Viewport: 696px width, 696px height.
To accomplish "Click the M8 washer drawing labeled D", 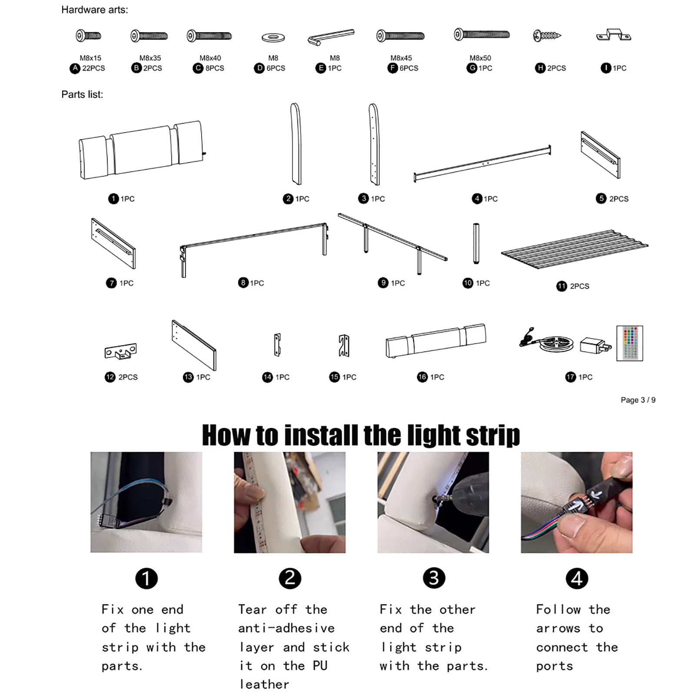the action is [273, 38].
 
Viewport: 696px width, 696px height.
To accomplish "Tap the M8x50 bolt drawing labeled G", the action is [482, 34].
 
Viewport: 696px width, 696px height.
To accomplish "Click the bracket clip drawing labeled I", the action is [613, 35].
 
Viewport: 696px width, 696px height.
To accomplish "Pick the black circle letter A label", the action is [75, 68].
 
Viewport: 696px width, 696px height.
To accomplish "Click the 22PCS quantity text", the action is [93, 68].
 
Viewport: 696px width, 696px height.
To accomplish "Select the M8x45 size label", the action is [401, 58].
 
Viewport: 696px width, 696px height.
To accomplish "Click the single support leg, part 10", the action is [476, 243].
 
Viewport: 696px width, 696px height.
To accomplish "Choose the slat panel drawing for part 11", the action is [574, 249].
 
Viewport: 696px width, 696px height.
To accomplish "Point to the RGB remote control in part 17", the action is [629, 343].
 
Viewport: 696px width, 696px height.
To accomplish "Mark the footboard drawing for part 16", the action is [436, 341].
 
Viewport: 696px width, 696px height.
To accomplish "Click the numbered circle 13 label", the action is [188, 377].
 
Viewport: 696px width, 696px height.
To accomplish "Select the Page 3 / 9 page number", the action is [638, 400].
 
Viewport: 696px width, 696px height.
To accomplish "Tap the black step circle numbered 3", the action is [433, 578].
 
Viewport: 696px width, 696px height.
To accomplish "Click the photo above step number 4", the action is [576, 503].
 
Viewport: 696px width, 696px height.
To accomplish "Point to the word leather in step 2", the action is [264, 684].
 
